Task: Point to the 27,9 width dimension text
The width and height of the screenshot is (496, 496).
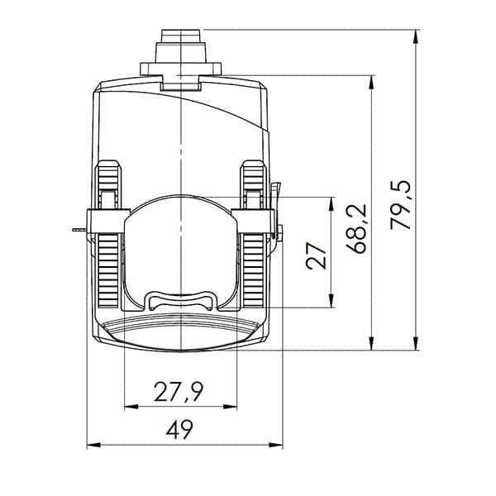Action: click(x=179, y=391)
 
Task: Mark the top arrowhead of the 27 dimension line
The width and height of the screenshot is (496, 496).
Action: click(x=331, y=203)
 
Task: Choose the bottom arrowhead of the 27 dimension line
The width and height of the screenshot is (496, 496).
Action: click(x=331, y=301)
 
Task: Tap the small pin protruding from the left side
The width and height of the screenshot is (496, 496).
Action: click(x=78, y=229)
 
